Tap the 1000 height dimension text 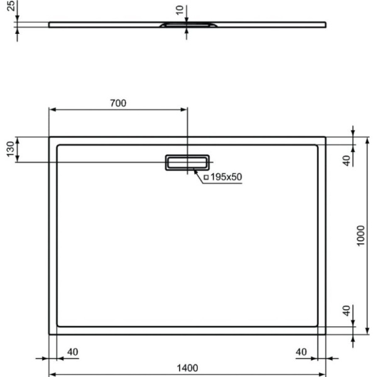tap(361, 236)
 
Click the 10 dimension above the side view tap(180, 11)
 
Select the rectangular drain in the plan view tap(187, 161)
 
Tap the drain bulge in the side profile tap(187, 25)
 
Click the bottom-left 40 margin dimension tap(72, 352)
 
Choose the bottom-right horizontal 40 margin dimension tap(301, 352)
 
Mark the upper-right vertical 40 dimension tap(346, 160)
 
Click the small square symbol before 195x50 tap(205, 177)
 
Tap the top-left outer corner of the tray tap(49, 137)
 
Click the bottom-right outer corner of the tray tap(325, 334)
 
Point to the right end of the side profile tap(325, 25)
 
